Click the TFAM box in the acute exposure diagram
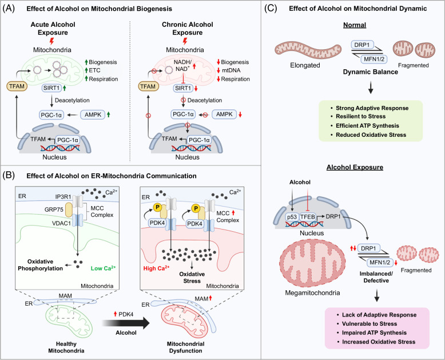point(17,86)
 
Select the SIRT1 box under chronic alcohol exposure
point(183,88)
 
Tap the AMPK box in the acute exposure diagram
point(93,114)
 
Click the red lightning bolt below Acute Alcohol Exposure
point(51,41)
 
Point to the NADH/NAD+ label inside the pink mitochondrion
point(183,66)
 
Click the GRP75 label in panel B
point(54,210)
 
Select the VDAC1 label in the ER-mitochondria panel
point(61,223)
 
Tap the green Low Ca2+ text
point(104,268)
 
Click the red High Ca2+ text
point(156,268)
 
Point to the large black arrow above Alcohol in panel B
point(126,323)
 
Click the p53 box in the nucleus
point(292,217)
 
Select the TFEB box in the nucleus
point(308,217)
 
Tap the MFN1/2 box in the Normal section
point(374,60)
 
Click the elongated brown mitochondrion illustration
point(308,51)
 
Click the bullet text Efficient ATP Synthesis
point(367,125)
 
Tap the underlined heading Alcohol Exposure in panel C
point(355,167)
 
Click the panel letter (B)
point(9,176)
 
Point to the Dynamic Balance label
point(371,72)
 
